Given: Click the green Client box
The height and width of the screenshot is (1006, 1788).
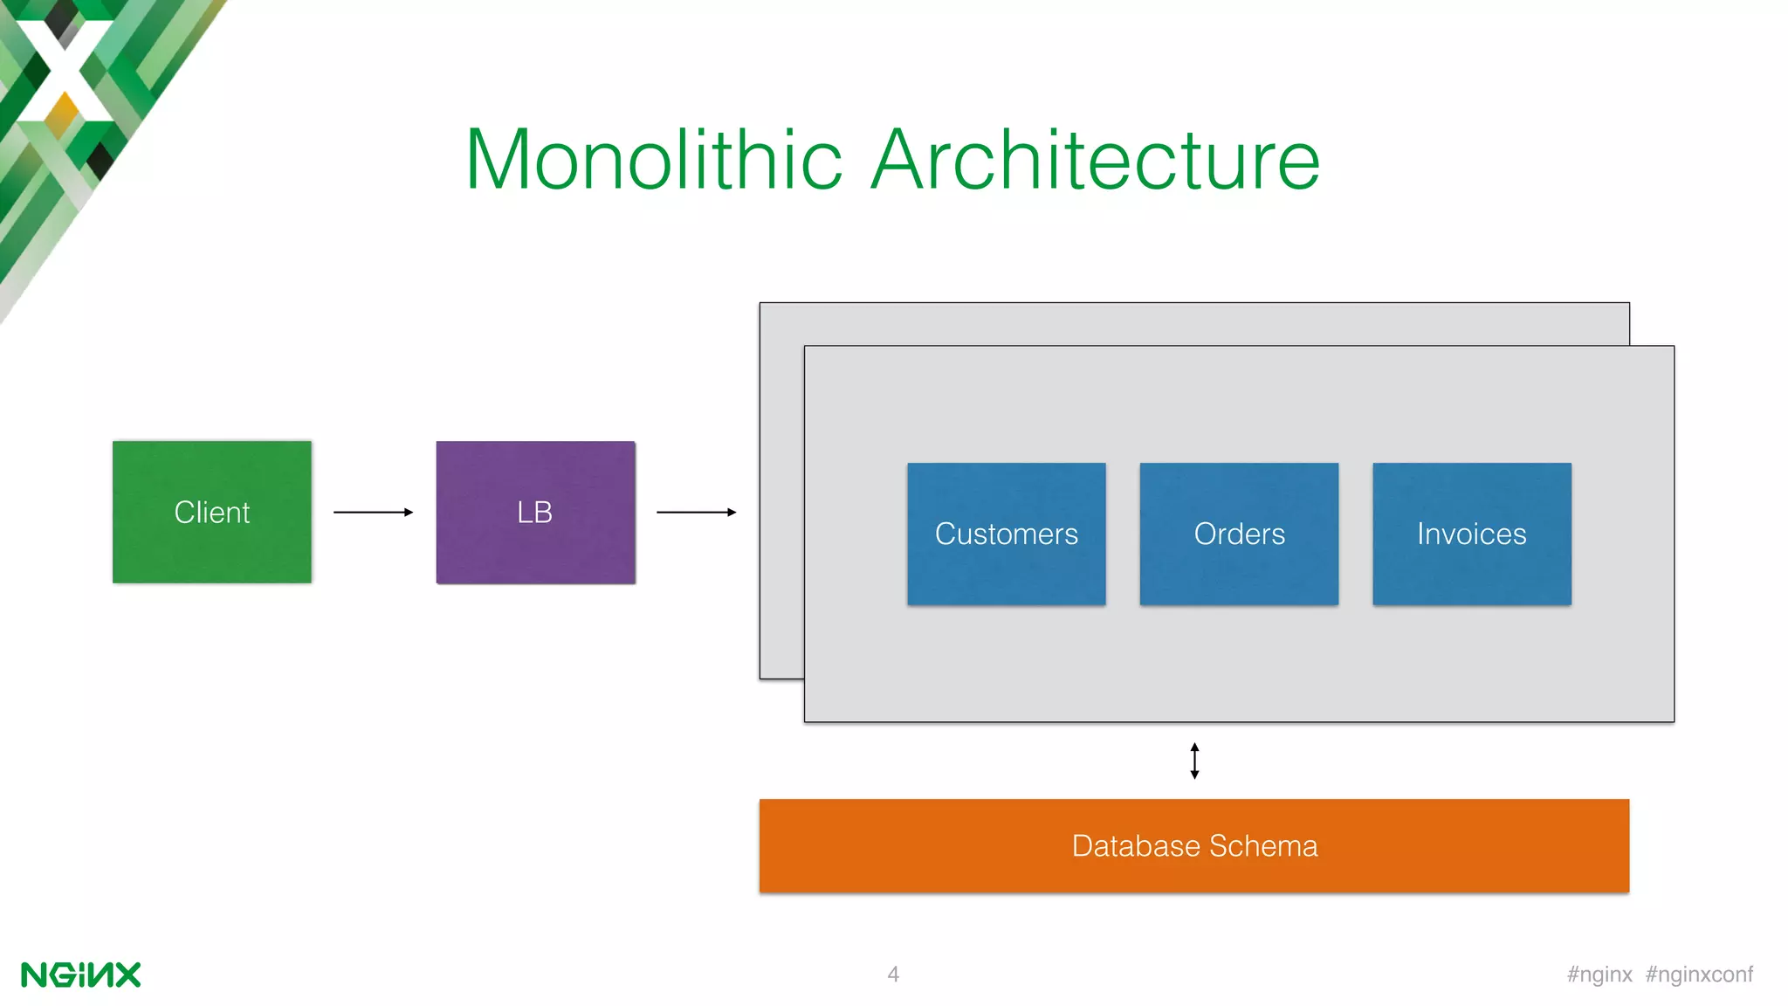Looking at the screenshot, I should coord(211,512).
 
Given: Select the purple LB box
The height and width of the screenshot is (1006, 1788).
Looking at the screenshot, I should coord(535,512).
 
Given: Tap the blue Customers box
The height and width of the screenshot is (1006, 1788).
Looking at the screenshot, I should coord(1006,534).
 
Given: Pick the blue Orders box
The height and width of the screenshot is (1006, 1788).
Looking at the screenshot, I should coord(1239,534).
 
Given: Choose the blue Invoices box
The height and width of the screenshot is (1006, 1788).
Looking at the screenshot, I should coord(1471,534).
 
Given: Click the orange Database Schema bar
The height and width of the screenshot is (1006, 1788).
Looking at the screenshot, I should coord(1193,845).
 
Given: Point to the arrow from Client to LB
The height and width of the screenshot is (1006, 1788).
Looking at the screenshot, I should coord(373,512).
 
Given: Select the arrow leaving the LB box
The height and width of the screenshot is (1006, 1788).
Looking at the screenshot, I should coord(696,512).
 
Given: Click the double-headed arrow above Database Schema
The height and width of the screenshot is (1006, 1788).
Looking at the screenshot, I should coord(1194,761).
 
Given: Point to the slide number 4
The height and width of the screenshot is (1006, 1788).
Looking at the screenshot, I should coord(892,974).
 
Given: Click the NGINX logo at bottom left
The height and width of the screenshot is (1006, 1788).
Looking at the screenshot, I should coord(80,975).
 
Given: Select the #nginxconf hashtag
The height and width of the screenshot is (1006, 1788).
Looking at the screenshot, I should coord(1699,975).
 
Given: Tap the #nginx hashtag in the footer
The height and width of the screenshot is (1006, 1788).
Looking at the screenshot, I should coord(1599,975).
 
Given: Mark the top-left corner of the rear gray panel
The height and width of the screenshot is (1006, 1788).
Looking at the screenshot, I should coord(760,304).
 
